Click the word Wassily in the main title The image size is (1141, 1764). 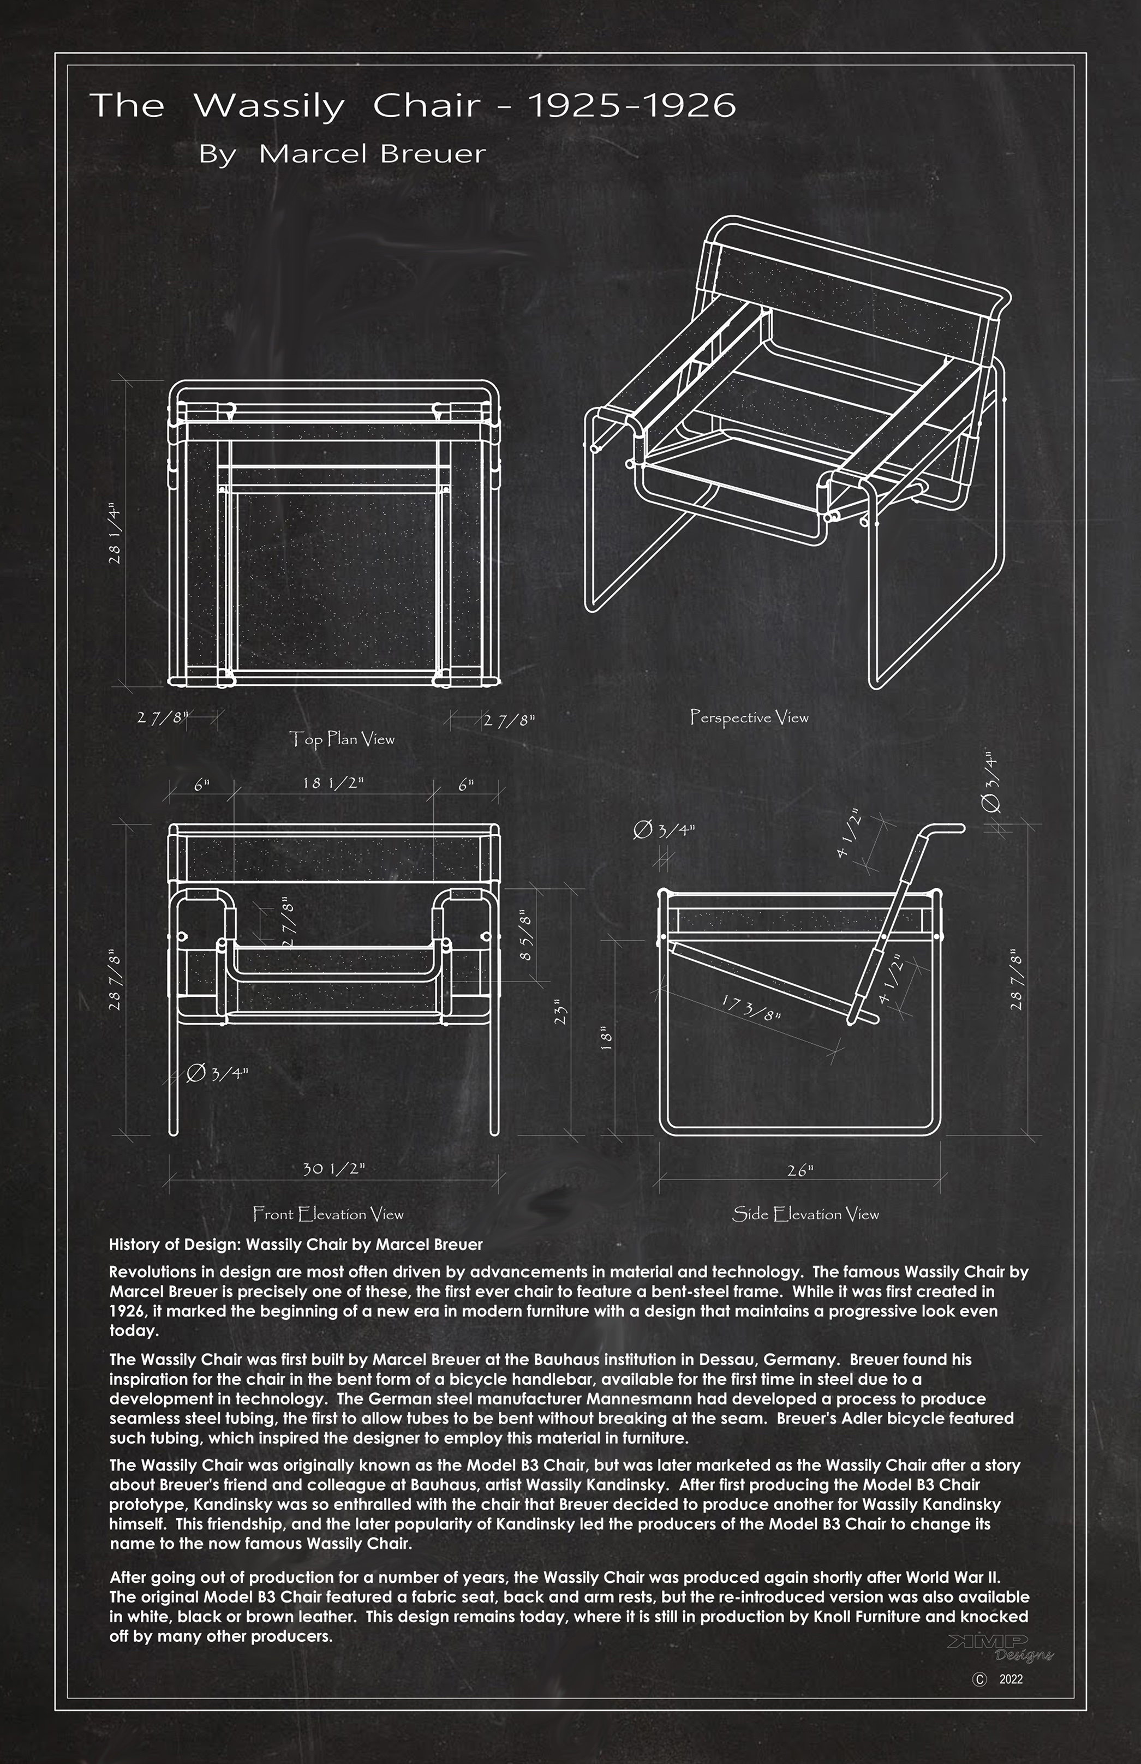pyautogui.click(x=268, y=107)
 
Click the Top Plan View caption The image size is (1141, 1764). pyautogui.click(x=342, y=739)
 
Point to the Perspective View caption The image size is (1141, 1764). pyautogui.click(x=749, y=717)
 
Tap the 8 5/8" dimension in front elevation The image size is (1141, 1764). pyautogui.click(x=527, y=935)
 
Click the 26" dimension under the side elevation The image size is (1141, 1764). pyautogui.click(x=800, y=1170)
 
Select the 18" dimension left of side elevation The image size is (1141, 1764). pyautogui.click(x=607, y=1038)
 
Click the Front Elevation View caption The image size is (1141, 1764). pyautogui.click(x=328, y=1213)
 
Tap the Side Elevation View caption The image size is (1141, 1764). pyautogui.click(x=805, y=1213)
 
